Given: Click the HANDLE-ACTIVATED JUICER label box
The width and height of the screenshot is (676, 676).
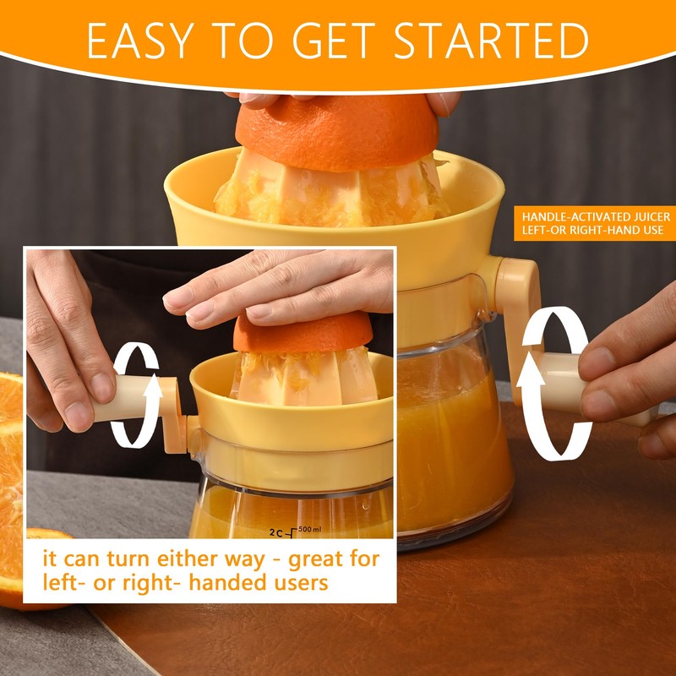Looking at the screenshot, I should coord(596,223).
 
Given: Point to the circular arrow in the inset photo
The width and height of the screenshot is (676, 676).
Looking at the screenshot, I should coord(135,395).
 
